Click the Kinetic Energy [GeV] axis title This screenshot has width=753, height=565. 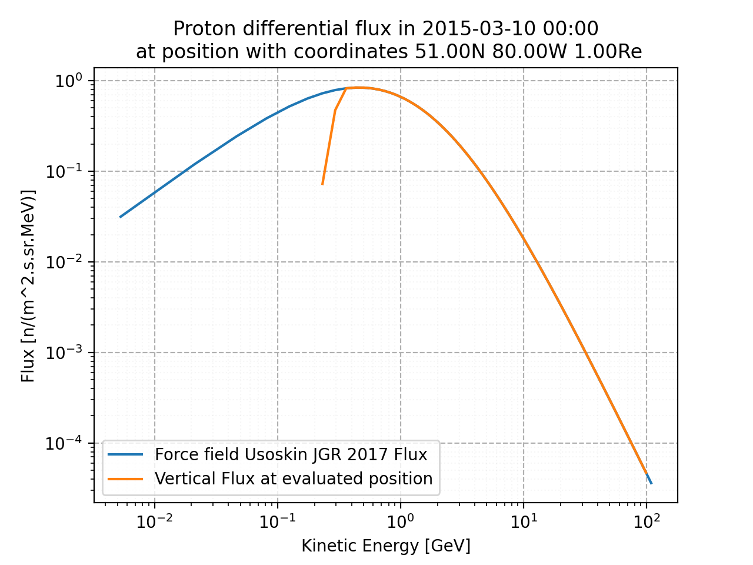[x=386, y=546]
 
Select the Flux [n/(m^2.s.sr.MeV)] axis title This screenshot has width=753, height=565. [x=28, y=286]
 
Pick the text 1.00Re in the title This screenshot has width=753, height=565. [x=608, y=52]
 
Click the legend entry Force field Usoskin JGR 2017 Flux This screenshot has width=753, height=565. [x=291, y=455]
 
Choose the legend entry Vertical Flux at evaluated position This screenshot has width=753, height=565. [x=293, y=479]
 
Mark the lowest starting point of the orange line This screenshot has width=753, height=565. [x=322, y=184]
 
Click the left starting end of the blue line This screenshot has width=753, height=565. [x=120, y=217]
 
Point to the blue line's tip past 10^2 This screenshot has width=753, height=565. [x=651, y=484]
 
